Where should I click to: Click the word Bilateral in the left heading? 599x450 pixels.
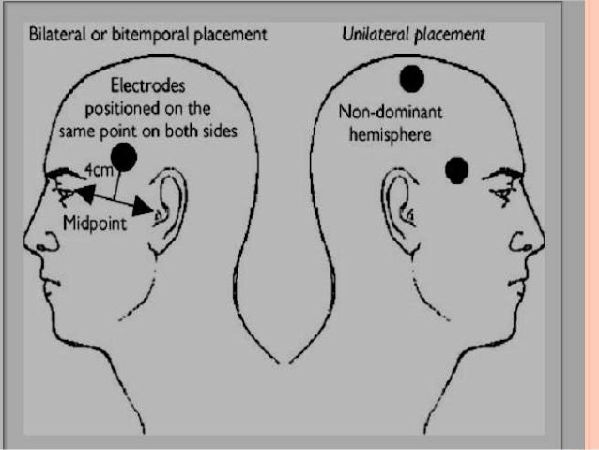[57, 35]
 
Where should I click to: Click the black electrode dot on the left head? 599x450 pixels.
[124, 157]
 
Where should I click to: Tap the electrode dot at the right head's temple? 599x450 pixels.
[456, 170]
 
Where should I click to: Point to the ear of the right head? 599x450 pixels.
[398, 209]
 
